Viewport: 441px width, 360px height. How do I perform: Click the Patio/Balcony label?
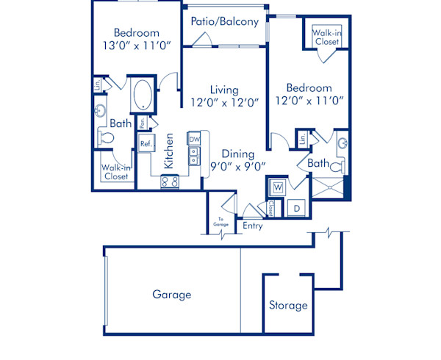coord(224,21)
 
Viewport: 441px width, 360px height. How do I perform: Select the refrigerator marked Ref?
coord(146,144)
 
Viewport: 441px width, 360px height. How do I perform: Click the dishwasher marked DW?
coord(194,139)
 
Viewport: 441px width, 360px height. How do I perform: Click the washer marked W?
coord(277,187)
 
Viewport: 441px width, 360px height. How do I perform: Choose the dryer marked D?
coord(296,208)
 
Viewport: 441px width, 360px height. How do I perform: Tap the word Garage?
coord(171,295)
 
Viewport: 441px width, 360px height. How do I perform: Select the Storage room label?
coord(288,305)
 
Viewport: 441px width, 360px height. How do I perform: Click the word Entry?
coord(252,226)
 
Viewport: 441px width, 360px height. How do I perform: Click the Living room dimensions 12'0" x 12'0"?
coord(224,103)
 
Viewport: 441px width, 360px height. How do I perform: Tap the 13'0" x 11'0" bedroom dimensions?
coord(136,46)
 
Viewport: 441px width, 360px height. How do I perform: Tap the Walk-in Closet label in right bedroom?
coord(326,37)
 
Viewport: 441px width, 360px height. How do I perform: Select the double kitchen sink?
coord(194,156)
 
